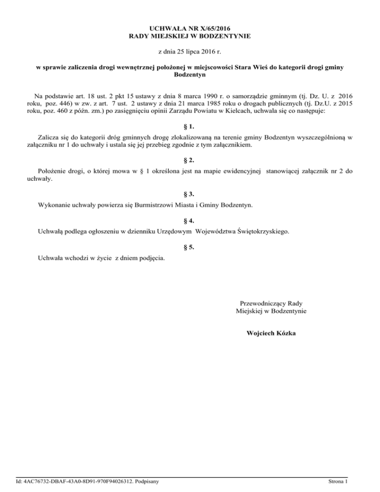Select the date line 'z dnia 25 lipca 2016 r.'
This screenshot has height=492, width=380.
click(190, 51)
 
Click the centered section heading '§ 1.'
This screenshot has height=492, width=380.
click(190, 126)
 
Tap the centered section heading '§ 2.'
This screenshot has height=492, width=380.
click(190, 160)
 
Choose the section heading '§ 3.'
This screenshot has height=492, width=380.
click(190, 194)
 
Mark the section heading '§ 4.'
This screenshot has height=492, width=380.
click(190, 220)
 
